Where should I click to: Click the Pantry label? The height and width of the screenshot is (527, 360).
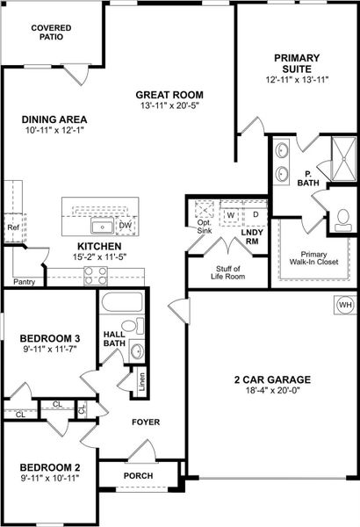pos(24,282)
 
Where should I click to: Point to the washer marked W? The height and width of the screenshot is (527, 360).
pos(230,214)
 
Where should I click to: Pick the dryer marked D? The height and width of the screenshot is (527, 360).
pos(256,214)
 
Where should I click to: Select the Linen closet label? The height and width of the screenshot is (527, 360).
pos(140,383)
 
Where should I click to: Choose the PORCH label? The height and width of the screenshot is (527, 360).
pos(138,475)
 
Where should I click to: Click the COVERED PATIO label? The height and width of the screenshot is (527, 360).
pos(52,33)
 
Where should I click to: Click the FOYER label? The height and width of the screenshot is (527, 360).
pos(145,422)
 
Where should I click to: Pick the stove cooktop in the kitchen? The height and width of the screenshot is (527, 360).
pos(96,276)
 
